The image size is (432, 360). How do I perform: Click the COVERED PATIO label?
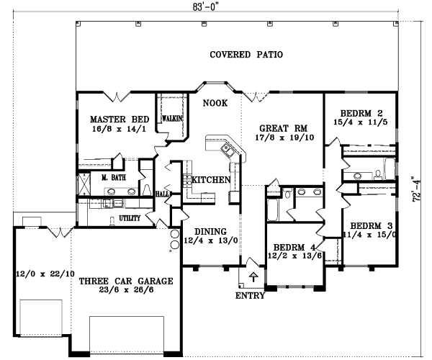(246, 55)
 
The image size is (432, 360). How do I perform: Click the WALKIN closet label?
(171, 118)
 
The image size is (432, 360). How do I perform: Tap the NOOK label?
(215, 104)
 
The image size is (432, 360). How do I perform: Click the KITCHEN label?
(210, 179)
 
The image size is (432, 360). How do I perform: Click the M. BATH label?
(114, 177)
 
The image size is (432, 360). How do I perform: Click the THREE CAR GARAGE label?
(127, 282)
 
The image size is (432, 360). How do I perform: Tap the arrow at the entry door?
(253, 275)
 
